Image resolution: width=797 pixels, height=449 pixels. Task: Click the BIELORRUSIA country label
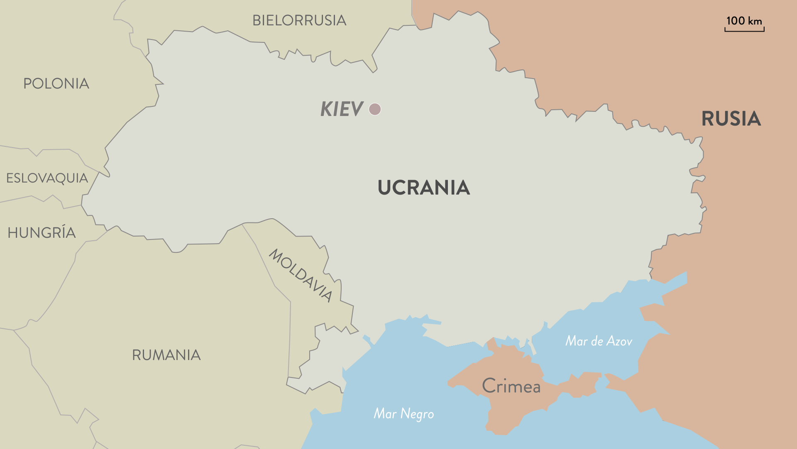[299, 20]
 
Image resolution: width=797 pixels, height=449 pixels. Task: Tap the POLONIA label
[56, 84]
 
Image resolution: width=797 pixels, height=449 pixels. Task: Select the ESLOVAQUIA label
[47, 178]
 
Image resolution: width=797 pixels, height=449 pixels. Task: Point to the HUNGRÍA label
[42, 232]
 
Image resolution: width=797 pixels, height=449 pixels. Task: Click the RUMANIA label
[166, 355]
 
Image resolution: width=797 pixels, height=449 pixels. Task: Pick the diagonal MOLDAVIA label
[301, 275]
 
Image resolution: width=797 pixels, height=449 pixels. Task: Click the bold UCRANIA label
[423, 187]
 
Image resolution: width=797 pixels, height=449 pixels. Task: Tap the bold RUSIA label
[731, 119]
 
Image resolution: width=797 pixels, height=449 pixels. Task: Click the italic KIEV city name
[342, 109]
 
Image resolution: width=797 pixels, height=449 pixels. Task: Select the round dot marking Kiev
[375, 109]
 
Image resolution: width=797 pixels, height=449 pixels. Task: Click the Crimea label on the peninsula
[511, 386]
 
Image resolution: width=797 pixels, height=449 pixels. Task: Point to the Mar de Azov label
[599, 341]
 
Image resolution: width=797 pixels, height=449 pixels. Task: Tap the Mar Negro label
[403, 414]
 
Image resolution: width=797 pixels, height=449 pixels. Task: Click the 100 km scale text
[744, 21]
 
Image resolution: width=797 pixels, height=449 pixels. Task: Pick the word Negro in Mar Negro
[417, 414]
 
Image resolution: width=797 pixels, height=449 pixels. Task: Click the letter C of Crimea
[489, 386]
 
